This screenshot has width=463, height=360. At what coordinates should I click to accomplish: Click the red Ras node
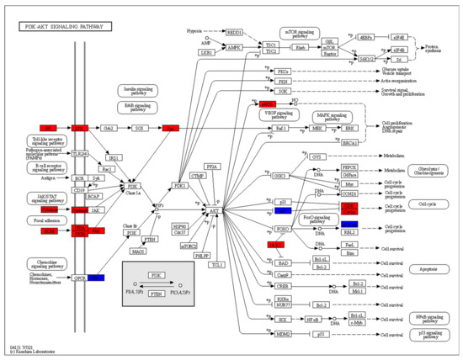[171, 129]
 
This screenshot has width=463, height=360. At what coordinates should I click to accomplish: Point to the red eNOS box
[244, 104]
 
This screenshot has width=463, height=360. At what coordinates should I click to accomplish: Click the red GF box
[49, 129]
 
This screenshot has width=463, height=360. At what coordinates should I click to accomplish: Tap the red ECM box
[49, 230]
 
